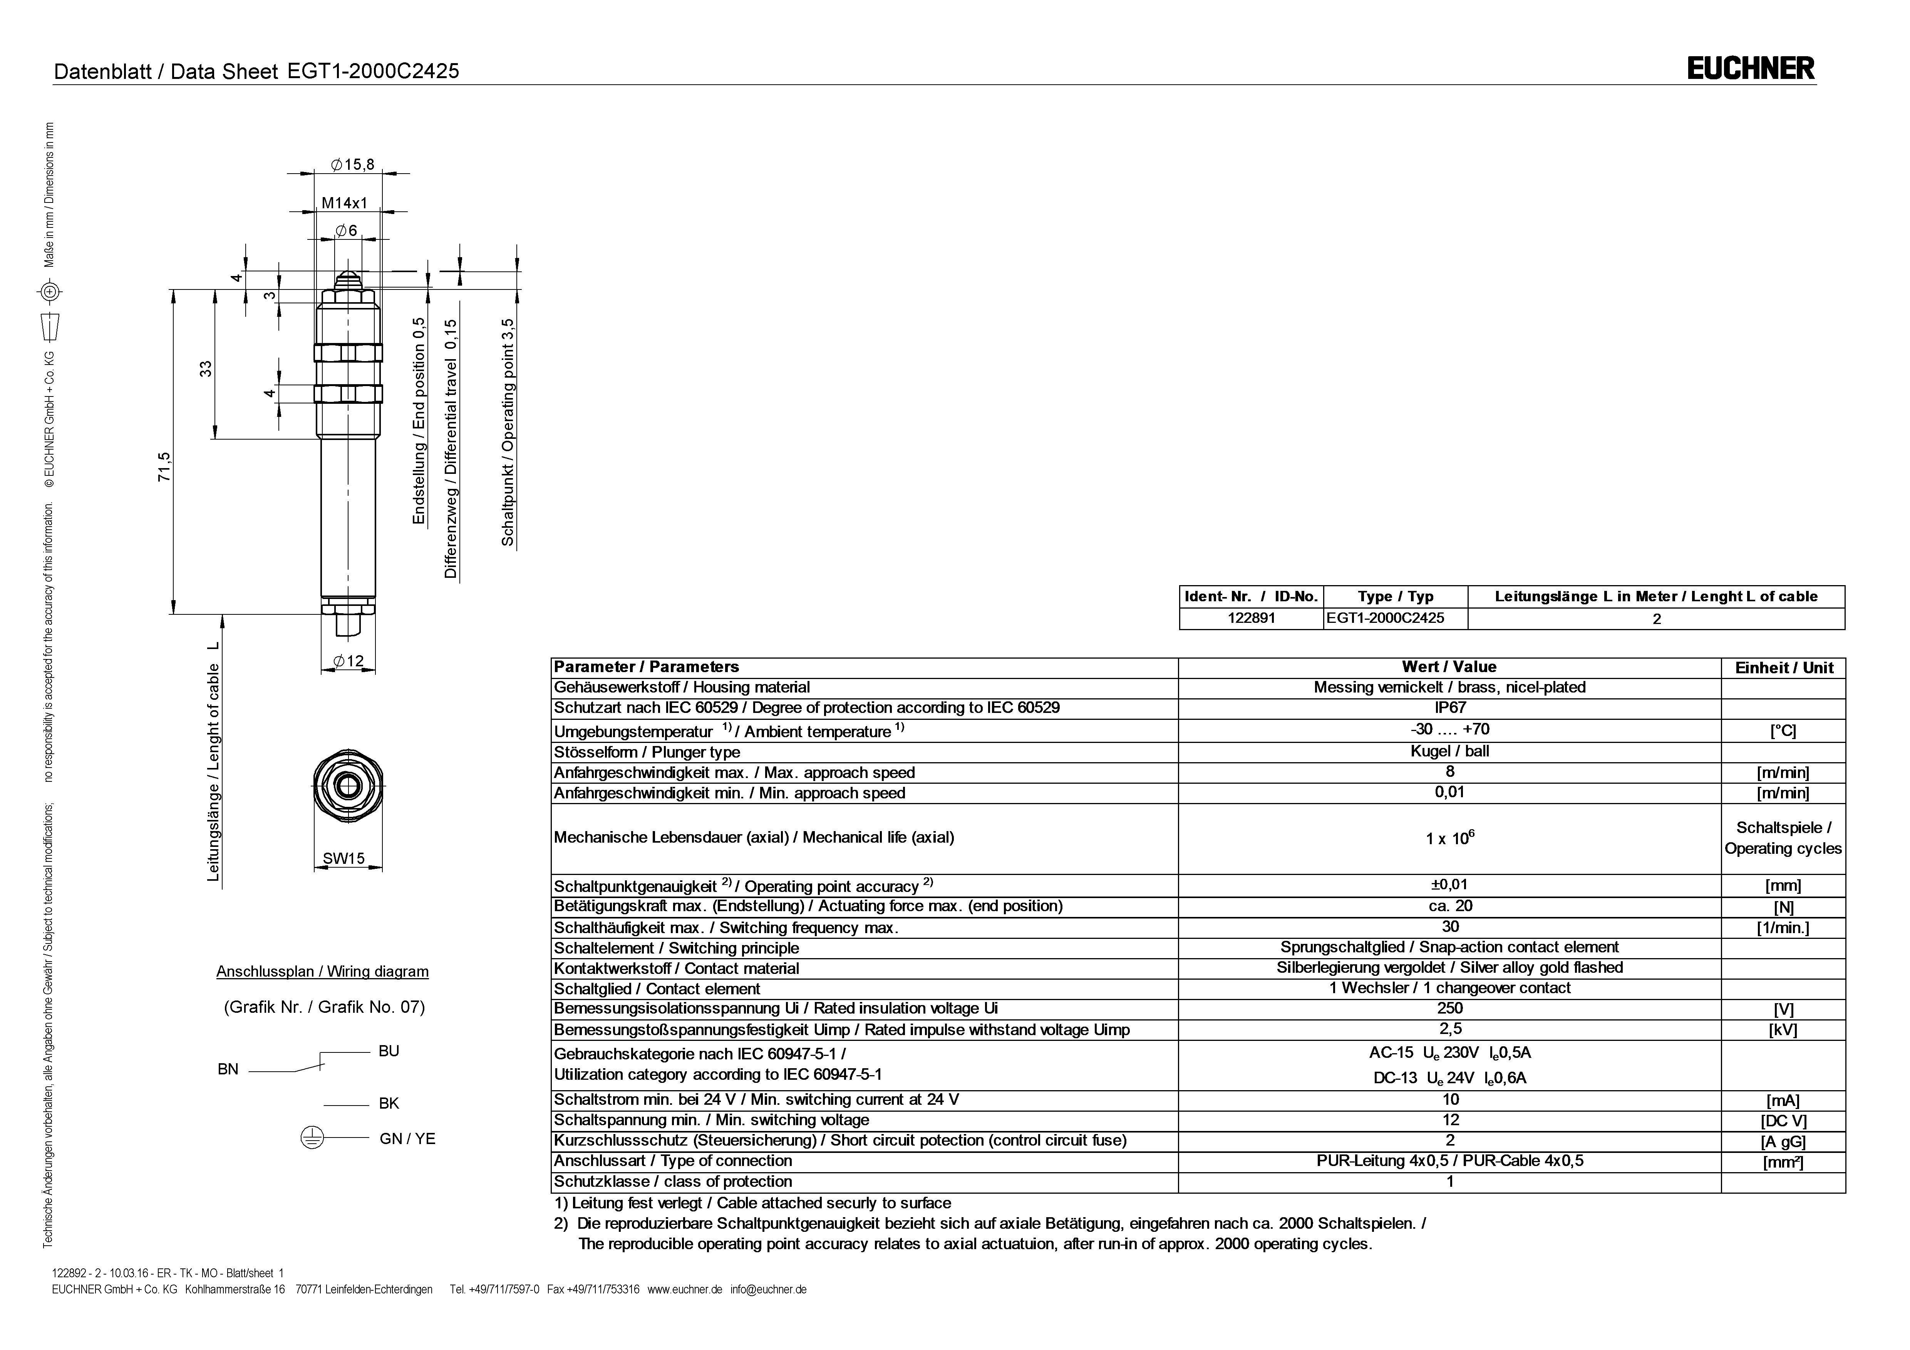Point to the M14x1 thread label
point(344,203)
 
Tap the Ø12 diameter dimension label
point(348,661)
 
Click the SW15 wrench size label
point(343,858)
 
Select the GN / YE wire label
point(407,1139)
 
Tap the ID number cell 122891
point(1251,618)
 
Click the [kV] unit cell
point(1783,1030)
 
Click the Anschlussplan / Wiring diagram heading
point(323,972)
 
